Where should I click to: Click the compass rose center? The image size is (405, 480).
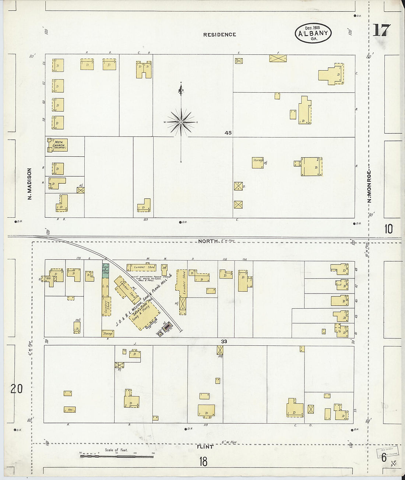181,122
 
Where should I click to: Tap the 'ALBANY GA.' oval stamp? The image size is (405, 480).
313,33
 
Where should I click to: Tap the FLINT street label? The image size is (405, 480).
205,447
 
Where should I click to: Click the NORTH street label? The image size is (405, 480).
208,241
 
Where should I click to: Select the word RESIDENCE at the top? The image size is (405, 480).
219,35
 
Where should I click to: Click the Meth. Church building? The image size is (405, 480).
57,145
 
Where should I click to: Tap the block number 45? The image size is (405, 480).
228,133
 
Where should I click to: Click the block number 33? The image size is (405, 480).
224,341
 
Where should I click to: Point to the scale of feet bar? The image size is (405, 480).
116,456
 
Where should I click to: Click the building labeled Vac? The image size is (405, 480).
70,409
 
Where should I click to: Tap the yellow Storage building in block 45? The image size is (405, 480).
258,163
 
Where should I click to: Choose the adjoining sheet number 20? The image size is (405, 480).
16,389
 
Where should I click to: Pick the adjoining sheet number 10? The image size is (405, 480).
388,229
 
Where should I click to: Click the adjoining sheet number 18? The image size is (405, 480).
203,462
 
